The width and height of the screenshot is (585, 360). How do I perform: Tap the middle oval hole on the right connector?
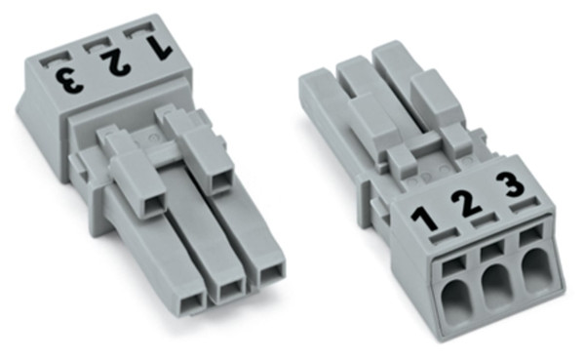tap(496, 284)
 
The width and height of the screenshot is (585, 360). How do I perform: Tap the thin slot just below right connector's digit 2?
tap(479, 225)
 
